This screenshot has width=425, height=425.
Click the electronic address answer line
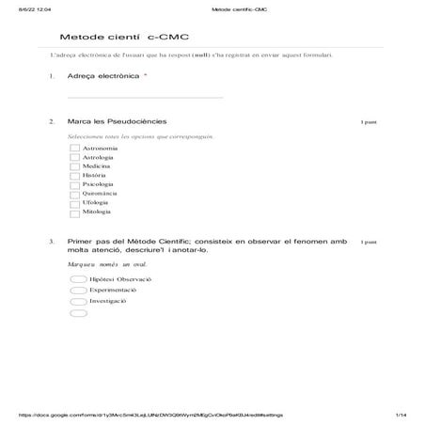[x=146, y=96]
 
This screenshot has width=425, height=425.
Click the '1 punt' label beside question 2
[x=369, y=122]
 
